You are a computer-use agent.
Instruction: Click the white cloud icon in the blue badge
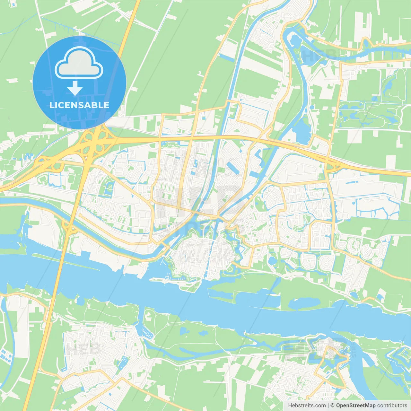(79, 63)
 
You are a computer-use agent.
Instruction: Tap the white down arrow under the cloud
(75, 88)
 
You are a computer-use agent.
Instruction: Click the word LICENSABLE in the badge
(79, 105)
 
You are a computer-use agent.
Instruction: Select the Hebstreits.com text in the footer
(307, 406)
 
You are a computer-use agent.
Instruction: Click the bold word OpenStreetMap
(356, 406)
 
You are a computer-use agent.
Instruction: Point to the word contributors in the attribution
(392, 406)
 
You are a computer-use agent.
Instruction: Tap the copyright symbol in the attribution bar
(333, 406)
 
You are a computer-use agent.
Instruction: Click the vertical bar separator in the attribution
(328, 406)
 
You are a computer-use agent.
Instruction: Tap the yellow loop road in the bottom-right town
(331, 366)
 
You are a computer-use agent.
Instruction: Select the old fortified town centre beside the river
(202, 254)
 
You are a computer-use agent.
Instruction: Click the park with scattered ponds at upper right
(369, 112)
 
